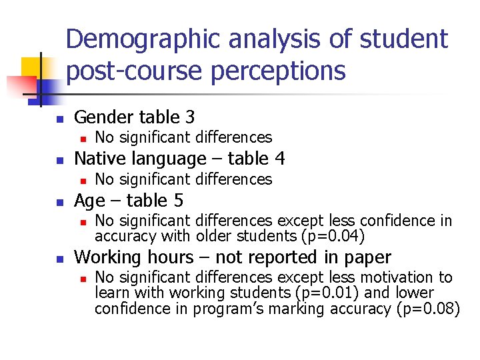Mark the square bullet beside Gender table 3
(59, 119)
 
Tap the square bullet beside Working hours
(59, 258)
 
